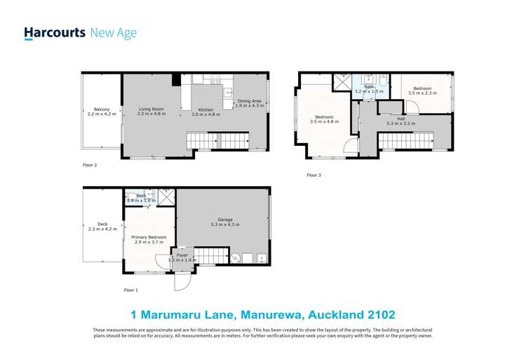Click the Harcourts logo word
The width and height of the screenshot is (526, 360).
pos(55,32)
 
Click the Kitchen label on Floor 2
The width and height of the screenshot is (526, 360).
pos(205,109)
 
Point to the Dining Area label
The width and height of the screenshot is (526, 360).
pos(249,101)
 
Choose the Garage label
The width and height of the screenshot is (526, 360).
pos(225,220)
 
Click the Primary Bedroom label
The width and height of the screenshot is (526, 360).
pos(150,237)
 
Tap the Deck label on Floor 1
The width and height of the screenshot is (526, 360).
pos(102,224)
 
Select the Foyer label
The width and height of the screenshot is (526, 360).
pos(182,255)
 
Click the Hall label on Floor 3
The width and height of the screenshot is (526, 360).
pos(400,119)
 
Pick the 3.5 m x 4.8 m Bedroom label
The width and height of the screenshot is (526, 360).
pos(324,116)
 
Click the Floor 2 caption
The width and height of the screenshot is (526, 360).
pos(89,166)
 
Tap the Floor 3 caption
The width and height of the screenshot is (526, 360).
pos(313,175)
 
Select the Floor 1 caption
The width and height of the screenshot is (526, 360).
pos(130,290)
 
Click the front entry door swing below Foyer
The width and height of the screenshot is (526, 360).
pos(182,281)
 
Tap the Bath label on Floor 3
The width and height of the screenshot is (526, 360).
pos(369,87)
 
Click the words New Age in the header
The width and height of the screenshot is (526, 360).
pos(114,32)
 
